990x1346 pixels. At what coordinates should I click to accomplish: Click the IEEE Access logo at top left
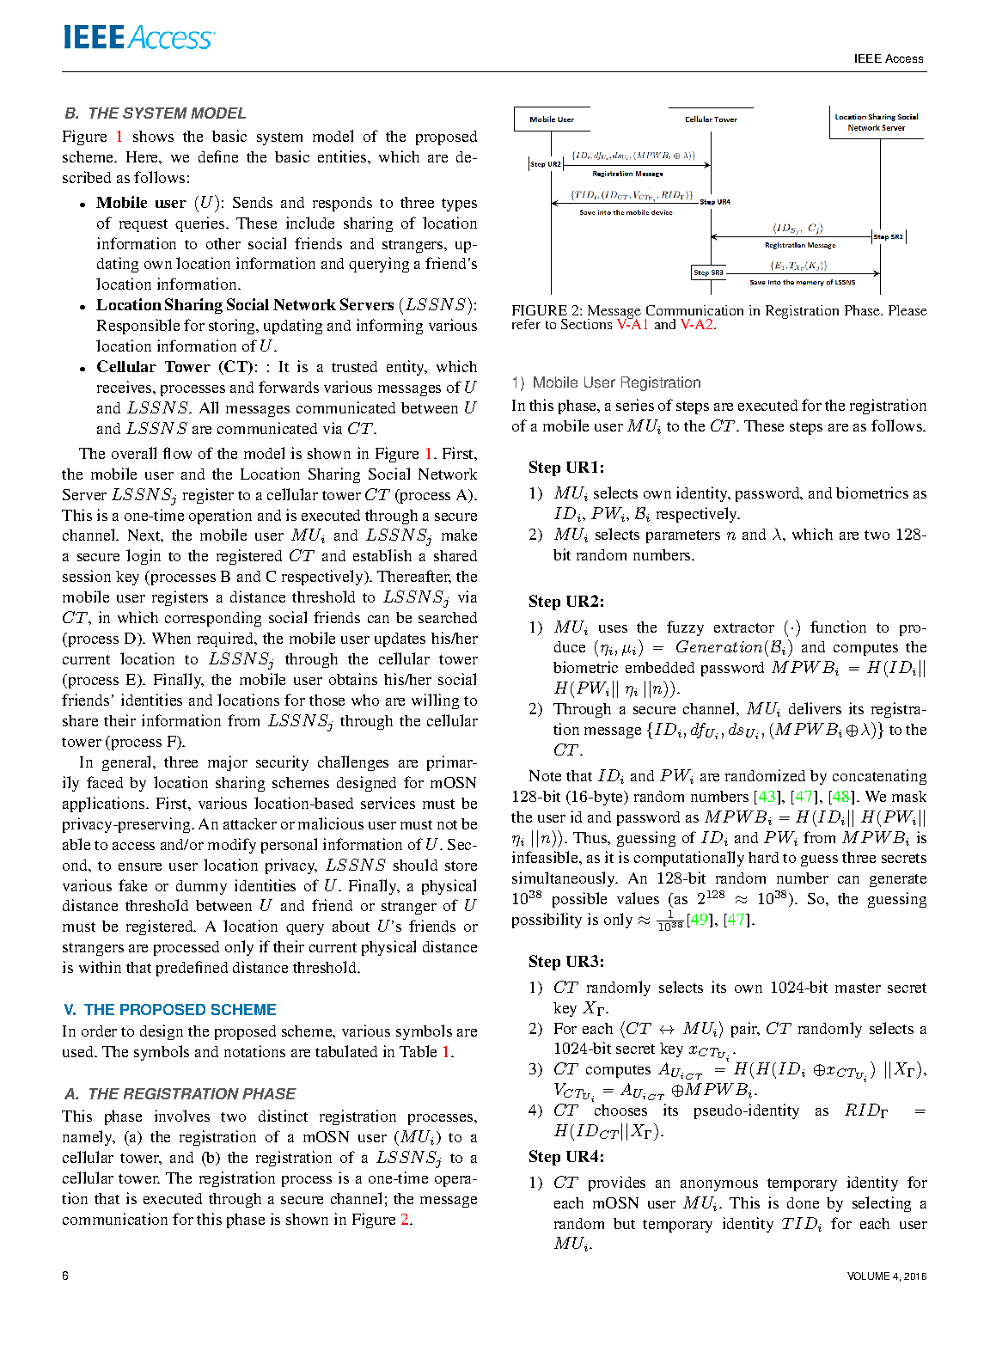[x=138, y=38]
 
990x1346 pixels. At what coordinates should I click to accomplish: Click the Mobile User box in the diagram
[x=551, y=119]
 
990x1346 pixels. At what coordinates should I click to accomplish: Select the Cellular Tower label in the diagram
[x=711, y=119]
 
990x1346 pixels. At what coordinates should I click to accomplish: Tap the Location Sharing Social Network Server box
[x=877, y=122]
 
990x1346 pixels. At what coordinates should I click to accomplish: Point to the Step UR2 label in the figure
[x=546, y=164]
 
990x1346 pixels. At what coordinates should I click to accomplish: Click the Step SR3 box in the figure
[x=709, y=272]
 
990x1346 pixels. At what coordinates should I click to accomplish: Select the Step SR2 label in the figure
[x=889, y=236]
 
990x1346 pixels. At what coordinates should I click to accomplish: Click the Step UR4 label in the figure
[x=715, y=202]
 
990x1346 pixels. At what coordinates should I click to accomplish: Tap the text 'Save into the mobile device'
[x=626, y=212]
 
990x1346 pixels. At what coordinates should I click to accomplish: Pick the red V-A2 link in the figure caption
[x=697, y=325]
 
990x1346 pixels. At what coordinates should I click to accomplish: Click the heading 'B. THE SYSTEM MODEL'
[x=155, y=113]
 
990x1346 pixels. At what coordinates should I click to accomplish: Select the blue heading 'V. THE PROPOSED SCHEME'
[x=169, y=1010]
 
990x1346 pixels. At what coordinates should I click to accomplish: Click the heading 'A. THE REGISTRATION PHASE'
[x=180, y=1094]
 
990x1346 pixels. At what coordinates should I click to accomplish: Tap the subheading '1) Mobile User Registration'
[x=606, y=383]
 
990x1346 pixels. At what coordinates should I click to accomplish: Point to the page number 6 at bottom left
[x=65, y=1276]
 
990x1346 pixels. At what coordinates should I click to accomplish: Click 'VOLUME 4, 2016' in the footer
[x=886, y=1276]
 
